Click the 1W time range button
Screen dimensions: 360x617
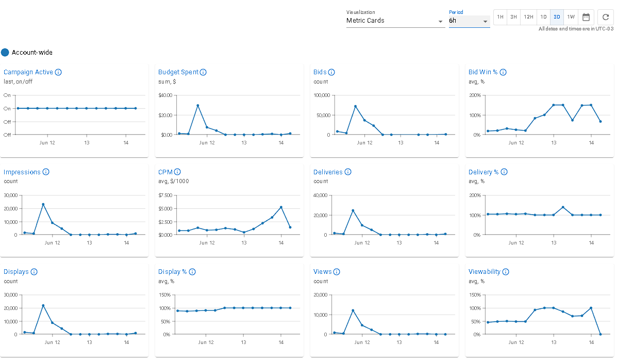571,17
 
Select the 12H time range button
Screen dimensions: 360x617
528,17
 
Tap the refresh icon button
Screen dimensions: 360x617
606,17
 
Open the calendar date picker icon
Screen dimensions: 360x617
586,17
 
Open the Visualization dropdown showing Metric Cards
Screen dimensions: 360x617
395,21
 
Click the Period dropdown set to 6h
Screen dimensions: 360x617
469,21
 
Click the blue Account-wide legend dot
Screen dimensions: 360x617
5,52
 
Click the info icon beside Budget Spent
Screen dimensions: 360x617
203,72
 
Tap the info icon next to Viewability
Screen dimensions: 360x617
506,272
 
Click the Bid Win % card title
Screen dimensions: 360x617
483,72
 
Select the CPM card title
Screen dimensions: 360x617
165,172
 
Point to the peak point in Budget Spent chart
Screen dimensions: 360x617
197,106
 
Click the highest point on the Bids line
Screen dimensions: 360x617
355,106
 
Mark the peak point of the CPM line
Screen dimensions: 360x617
281,207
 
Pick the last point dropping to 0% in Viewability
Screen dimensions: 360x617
601,334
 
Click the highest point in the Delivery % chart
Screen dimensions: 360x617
563,207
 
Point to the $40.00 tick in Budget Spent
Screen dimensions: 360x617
165,95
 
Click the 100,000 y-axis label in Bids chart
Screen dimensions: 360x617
322,95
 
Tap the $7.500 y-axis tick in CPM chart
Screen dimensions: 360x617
165,195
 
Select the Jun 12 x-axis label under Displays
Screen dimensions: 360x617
47,342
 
